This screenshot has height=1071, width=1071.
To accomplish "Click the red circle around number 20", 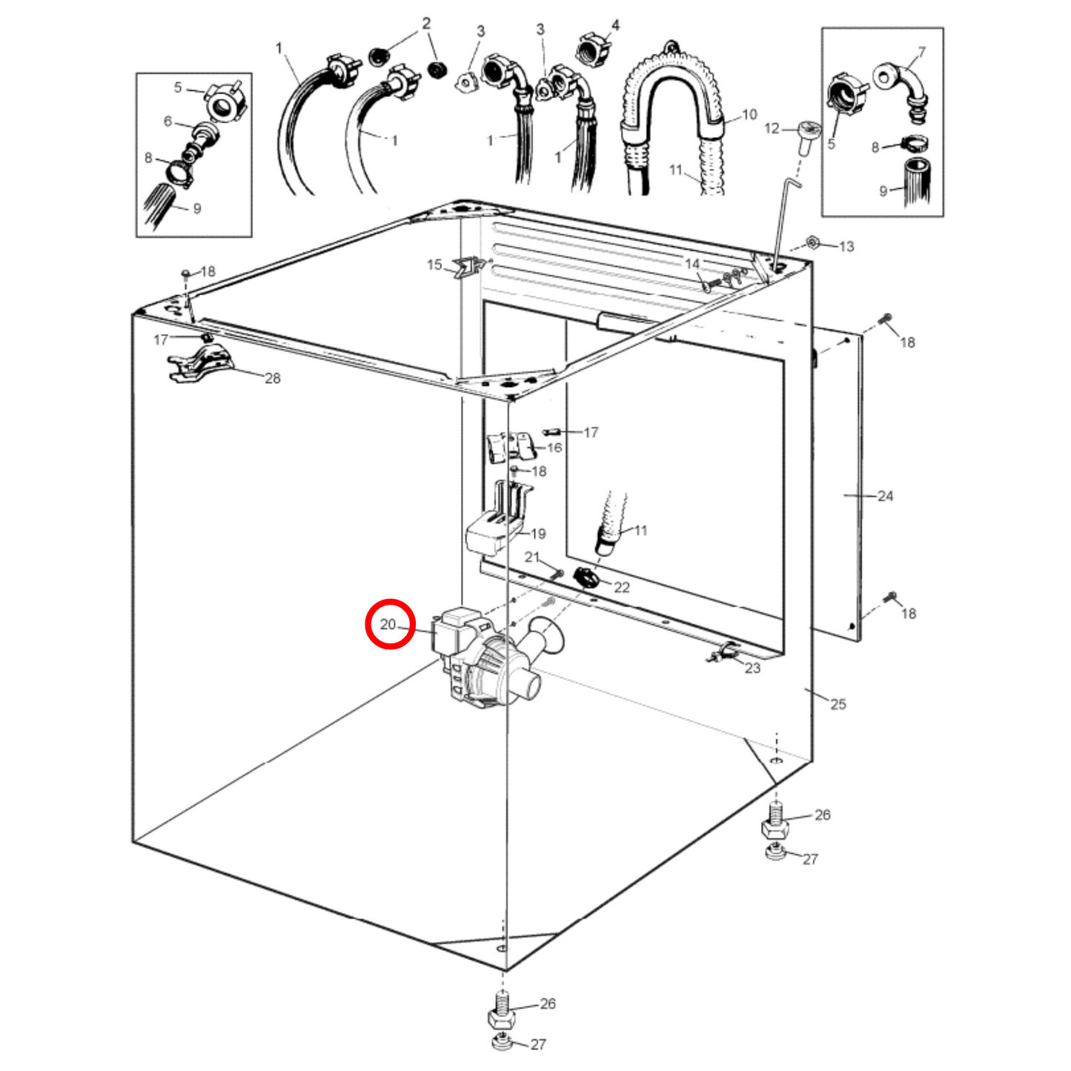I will [390, 624].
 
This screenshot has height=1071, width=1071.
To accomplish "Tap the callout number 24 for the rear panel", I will [885, 496].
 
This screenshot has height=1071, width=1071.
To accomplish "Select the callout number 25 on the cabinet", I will [838, 703].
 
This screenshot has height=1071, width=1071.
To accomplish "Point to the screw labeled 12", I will [806, 136].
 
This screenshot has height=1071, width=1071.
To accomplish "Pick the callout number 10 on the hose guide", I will [749, 114].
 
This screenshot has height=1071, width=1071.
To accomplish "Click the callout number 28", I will [273, 378].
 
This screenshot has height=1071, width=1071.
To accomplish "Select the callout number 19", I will [538, 534].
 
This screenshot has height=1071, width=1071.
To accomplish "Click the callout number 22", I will [621, 587].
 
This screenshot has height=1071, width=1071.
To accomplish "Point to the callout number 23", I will [752, 668].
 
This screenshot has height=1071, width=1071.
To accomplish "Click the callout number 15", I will [434, 264].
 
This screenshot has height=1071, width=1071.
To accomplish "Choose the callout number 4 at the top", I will [615, 25].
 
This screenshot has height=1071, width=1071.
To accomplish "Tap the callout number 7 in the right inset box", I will [921, 52].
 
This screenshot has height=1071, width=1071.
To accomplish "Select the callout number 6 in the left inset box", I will [168, 121].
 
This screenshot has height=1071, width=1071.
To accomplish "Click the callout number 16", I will [554, 448].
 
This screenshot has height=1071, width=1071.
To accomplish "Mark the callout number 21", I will [532, 557].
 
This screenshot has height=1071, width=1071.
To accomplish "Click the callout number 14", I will [692, 264].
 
